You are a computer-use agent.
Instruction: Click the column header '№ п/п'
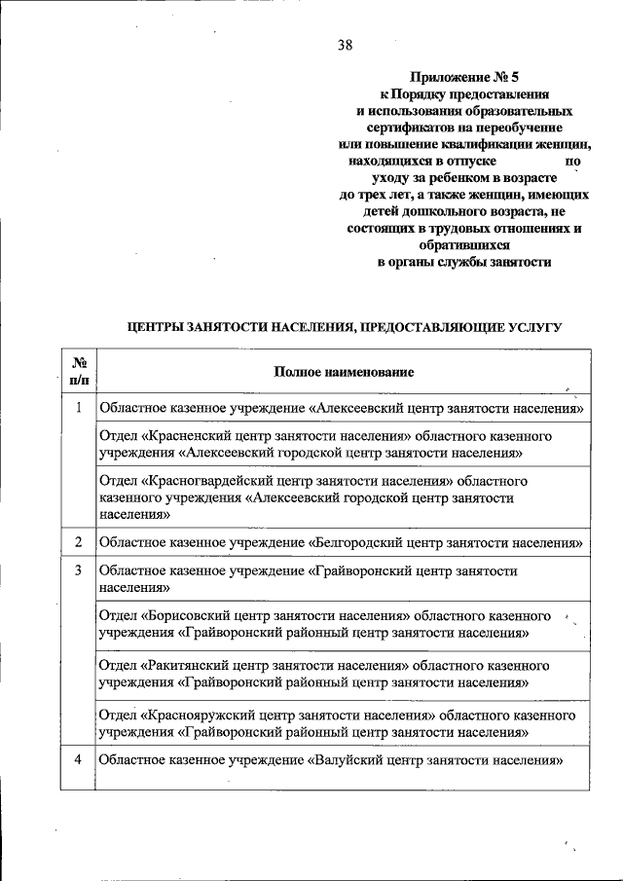(x=78, y=371)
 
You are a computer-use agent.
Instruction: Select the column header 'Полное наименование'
(x=343, y=372)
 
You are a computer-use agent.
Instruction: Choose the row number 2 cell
(x=78, y=540)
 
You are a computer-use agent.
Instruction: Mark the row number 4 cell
(x=78, y=760)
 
